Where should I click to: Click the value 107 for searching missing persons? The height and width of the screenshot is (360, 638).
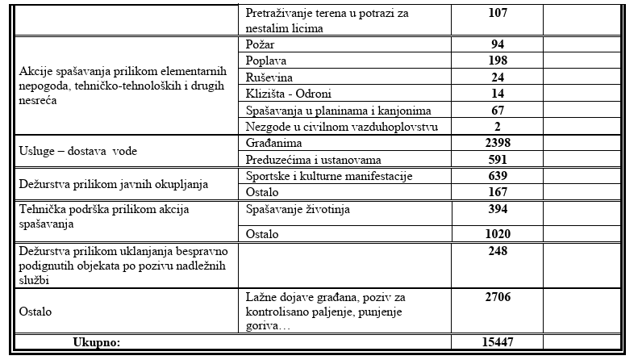[498, 14]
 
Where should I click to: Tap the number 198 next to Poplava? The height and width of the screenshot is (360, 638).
[498, 61]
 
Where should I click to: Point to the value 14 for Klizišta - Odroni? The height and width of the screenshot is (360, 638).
[498, 94]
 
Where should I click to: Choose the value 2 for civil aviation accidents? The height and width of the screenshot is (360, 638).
[498, 126]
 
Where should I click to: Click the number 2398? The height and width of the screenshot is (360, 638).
[498, 143]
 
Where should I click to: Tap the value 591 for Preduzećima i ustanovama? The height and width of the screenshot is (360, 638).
[498, 159]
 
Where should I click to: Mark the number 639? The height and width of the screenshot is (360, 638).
[498, 176]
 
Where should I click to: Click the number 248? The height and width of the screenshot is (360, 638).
[498, 251]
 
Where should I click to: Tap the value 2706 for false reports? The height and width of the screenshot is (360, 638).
[498, 297]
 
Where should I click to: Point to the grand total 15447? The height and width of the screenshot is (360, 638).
[498, 342]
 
